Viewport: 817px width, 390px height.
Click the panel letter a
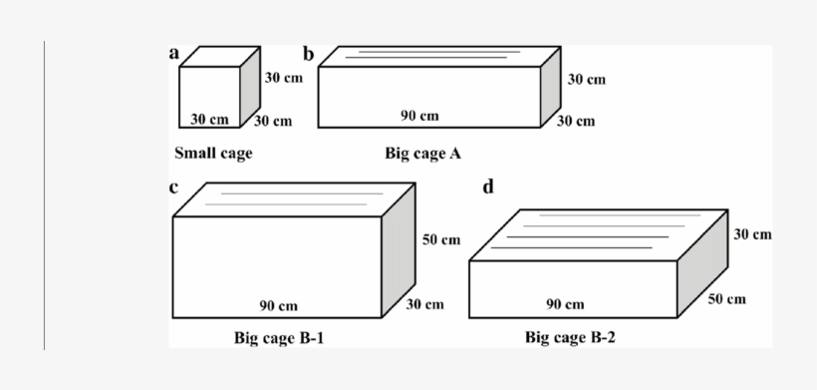click(x=174, y=54)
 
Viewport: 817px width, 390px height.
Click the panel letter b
click(x=310, y=54)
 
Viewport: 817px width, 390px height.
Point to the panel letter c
click(x=173, y=187)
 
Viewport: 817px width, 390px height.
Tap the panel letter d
click(x=487, y=187)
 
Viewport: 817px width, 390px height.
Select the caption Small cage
click(x=213, y=154)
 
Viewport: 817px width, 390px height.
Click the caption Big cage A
click(x=422, y=154)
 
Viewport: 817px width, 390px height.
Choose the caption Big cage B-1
click(x=279, y=338)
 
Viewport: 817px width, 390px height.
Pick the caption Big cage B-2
click(x=570, y=338)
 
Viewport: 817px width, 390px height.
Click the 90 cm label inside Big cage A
click(x=419, y=116)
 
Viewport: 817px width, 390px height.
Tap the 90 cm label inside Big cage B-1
click(x=278, y=305)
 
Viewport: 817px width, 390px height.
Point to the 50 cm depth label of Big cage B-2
click(x=726, y=299)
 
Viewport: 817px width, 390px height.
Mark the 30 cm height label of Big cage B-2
click(x=752, y=234)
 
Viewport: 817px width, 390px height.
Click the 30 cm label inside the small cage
click(x=209, y=119)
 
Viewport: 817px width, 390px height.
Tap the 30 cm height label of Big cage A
click(x=586, y=79)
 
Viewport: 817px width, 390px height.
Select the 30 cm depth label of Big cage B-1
click(x=425, y=304)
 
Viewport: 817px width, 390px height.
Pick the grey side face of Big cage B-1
click(x=399, y=253)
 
